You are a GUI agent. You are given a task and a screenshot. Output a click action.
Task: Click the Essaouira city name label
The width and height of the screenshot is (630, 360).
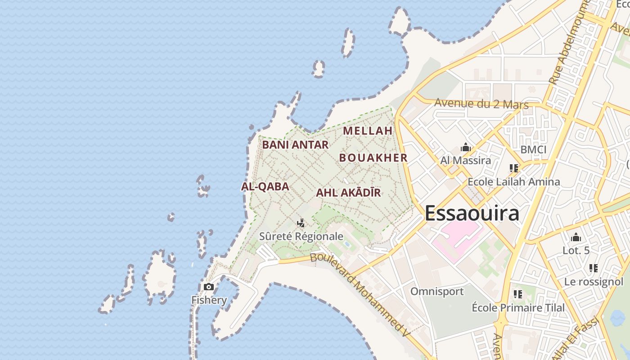click(472, 213)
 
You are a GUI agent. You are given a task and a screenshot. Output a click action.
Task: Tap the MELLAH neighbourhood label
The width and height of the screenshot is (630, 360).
click(368, 131)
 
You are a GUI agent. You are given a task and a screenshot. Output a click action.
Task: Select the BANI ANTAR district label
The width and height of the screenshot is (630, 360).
click(295, 145)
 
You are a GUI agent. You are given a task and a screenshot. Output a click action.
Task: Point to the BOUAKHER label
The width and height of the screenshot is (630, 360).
click(373, 158)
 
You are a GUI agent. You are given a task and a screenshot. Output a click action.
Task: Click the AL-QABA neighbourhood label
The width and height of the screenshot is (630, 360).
click(265, 186)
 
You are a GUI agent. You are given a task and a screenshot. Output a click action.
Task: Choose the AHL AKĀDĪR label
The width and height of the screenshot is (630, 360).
click(348, 193)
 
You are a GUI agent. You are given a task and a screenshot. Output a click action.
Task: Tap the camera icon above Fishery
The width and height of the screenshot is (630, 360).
click(209, 287)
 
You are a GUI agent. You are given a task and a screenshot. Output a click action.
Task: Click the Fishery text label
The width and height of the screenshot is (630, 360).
click(209, 300)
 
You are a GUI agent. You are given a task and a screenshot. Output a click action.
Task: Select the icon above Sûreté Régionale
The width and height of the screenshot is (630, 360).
click(301, 223)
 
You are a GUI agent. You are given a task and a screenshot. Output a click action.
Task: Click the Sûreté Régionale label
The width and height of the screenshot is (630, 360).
click(301, 236)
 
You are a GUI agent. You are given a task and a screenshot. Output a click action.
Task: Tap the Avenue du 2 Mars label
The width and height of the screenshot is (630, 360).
click(481, 104)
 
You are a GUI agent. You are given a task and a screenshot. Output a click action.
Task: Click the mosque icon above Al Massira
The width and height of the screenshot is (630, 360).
click(466, 147)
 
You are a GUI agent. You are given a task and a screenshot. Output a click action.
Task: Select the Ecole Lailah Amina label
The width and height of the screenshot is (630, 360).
click(514, 182)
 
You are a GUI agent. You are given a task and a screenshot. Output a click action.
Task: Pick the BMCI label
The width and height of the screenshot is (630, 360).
click(533, 149)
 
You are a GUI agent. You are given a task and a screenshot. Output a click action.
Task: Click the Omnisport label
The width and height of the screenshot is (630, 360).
click(437, 292)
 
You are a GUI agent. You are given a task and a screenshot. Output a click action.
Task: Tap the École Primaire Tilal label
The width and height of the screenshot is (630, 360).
click(518, 308)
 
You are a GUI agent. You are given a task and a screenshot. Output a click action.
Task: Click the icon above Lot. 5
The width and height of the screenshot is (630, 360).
click(576, 238)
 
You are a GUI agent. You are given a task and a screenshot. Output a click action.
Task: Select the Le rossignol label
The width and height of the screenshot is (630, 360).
click(594, 282)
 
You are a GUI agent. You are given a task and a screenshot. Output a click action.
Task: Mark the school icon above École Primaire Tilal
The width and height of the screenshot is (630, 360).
click(518, 294)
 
